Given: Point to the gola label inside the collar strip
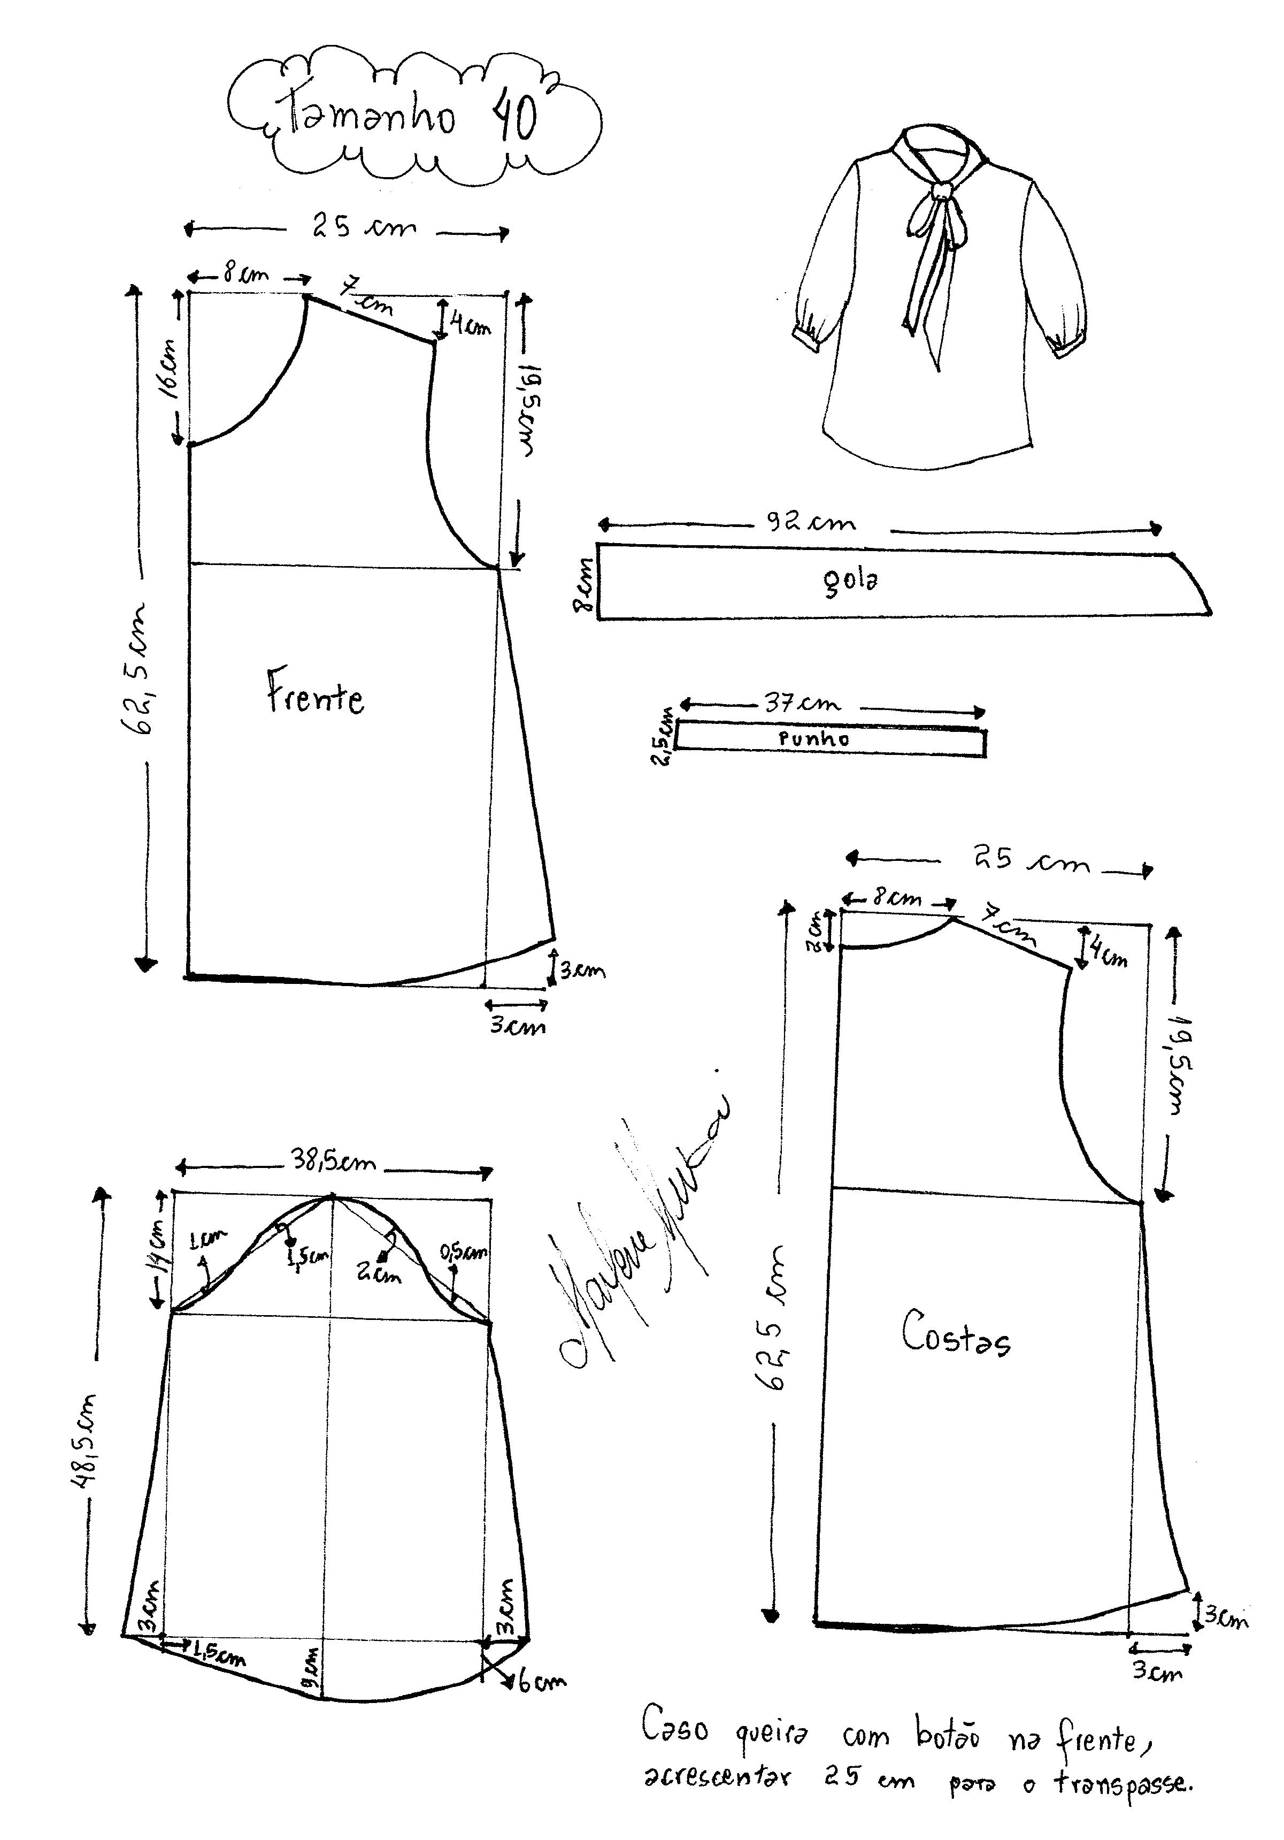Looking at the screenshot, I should [851, 580].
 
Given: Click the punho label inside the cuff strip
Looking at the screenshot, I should [814, 739].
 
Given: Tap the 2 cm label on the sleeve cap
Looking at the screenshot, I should [379, 1272].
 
